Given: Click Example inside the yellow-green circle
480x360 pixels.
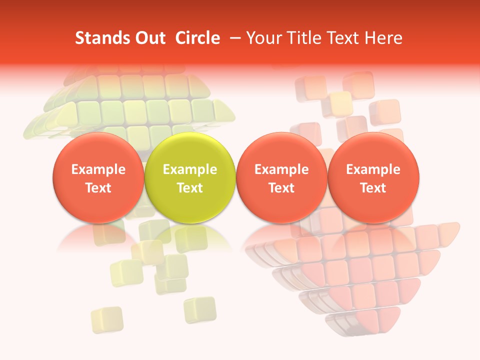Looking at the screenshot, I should point(190,169).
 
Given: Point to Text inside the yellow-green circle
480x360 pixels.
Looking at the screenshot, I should point(190,188).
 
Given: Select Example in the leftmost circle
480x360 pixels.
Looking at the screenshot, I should point(98,169).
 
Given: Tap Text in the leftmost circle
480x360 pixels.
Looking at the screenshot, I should point(98,188).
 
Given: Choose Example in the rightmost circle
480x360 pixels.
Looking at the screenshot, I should point(373,169).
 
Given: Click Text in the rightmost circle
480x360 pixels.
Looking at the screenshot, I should point(373,188).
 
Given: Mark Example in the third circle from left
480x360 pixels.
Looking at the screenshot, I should point(281,169).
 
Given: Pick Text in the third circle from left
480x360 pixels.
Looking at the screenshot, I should point(281,188).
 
